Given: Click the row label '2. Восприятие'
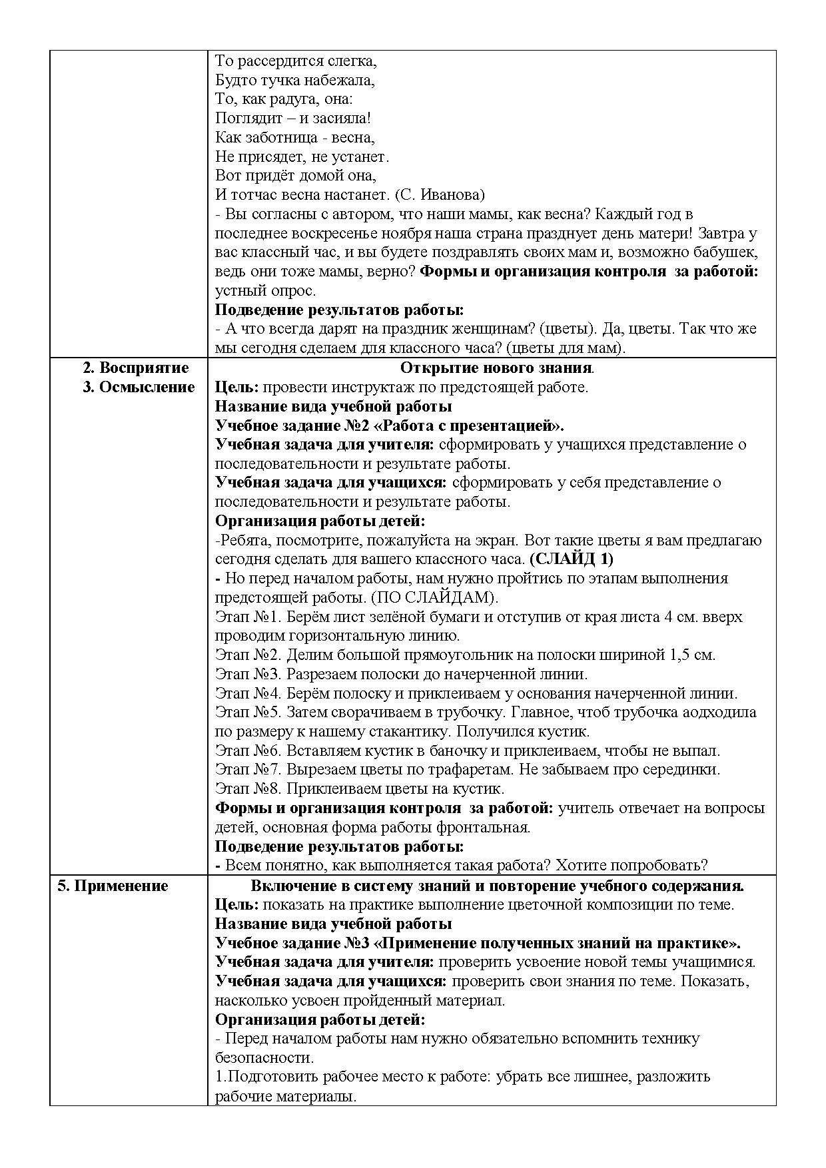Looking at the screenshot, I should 135,368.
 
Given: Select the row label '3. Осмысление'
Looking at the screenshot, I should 139,388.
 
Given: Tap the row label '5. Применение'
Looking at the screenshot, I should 113,886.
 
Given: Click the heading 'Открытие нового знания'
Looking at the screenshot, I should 496,368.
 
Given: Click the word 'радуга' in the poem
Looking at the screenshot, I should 291,99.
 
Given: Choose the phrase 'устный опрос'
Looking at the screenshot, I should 264,291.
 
